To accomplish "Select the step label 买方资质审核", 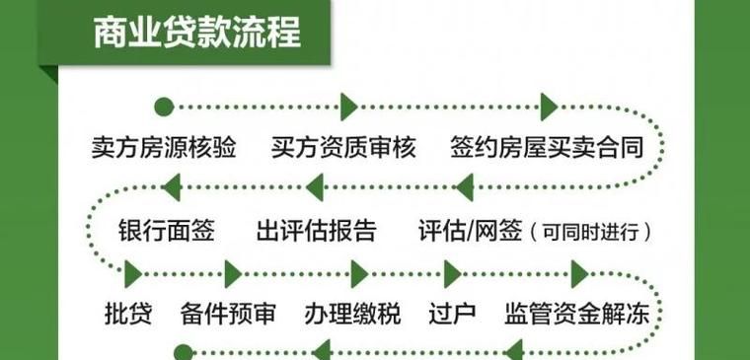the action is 343,148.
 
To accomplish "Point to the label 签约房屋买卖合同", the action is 547,148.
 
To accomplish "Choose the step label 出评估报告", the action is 316,233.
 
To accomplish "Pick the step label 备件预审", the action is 228,315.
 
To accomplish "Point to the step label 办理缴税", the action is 352,315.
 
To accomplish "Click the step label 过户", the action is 453,315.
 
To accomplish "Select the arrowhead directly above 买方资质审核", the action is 347,106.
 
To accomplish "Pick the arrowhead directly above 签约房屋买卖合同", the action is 549,106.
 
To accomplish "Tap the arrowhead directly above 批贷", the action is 134,272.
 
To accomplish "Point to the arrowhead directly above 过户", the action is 453,272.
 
